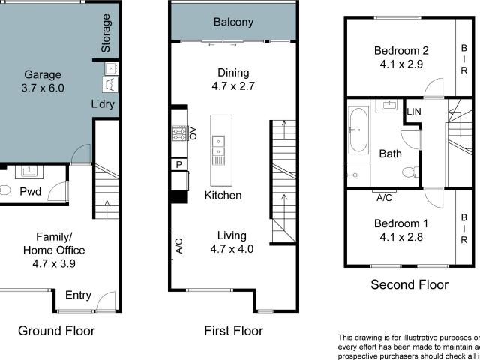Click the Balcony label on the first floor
[x=233, y=22]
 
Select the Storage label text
[x=106, y=33]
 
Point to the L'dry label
[x=102, y=104]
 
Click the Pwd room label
[x=31, y=190]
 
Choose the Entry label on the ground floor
[x=78, y=295]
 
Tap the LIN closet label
[x=413, y=112]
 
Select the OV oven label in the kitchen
[x=193, y=134]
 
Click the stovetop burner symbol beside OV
[x=179, y=134]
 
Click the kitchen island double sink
[x=218, y=148]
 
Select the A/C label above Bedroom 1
[x=384, y=198]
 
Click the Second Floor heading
[x=409, y=284]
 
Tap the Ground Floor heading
[x=56, y=330]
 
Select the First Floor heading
[x=234, y=330]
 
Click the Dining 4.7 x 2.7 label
[x=232, y=79]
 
